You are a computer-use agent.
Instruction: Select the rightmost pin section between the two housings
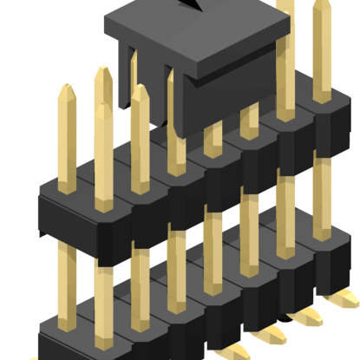pyautogui.click(x=322, y=204)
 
